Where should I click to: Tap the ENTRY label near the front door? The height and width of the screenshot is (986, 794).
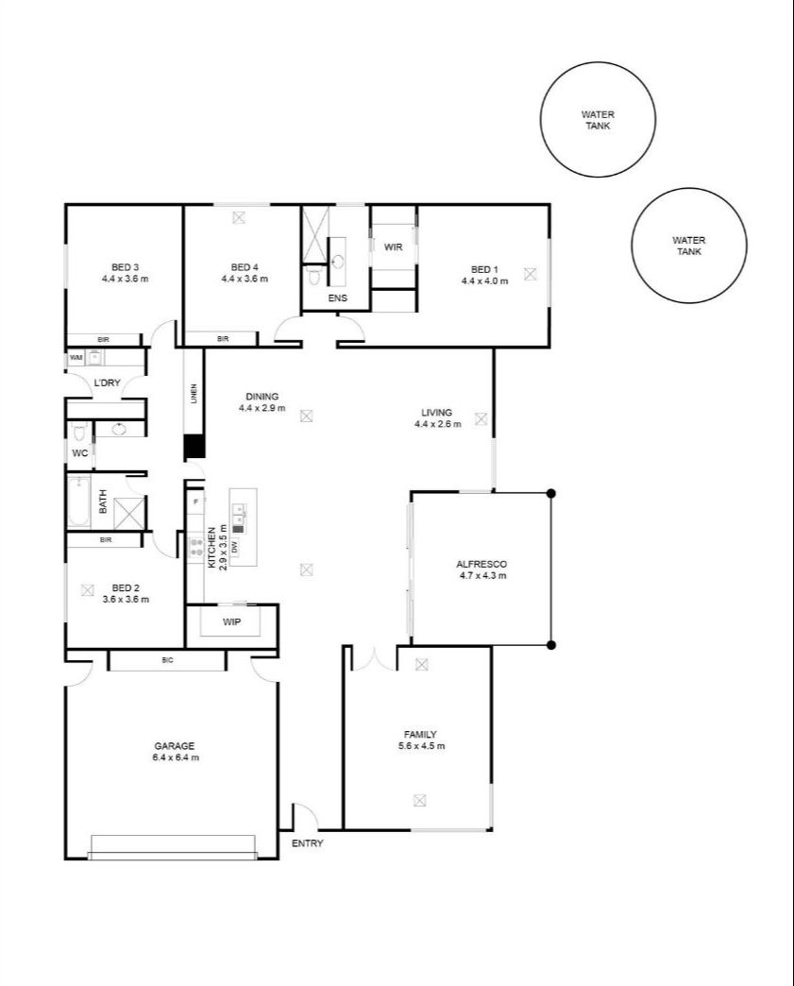click(308, 842)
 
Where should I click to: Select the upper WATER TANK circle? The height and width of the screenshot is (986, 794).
click(598, 119)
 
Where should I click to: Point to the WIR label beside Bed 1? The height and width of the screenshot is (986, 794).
click(393, 246)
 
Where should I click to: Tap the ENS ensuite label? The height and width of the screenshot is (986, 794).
click(337, 298)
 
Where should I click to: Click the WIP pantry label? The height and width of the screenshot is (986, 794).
click(231, 622)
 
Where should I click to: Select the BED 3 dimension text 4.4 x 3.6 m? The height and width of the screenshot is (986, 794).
click(126, 279)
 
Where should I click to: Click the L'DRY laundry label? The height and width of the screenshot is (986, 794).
click(106, 383)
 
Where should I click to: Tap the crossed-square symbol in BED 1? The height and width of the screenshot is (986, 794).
click(530, 274)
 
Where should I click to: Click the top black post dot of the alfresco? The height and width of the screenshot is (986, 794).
click(551, 492)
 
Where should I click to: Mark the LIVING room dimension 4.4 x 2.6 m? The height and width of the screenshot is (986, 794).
click(437, 424)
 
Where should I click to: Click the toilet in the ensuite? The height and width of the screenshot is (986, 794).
click(314, 277)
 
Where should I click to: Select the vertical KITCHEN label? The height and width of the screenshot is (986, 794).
click(211, 549)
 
